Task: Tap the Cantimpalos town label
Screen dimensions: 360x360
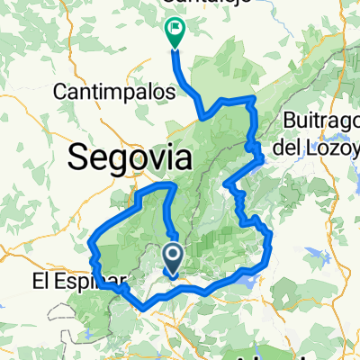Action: [106, 92]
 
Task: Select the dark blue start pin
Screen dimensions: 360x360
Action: [174, 258]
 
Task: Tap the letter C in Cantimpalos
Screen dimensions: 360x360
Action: [62, 92]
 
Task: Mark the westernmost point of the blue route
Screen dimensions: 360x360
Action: [92, 241]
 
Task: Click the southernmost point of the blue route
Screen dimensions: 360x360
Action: [147, 310]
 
